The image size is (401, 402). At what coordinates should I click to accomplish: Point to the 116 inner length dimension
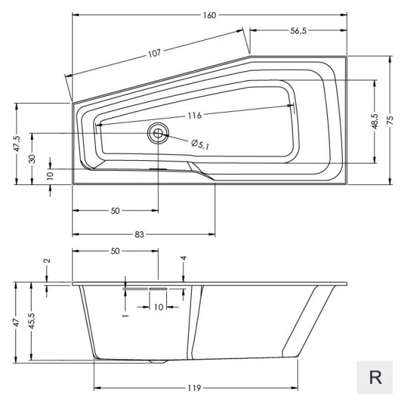pyautogui.click(x=194, y=116)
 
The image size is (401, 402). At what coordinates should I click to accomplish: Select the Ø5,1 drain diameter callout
pyautogui.click(x=202, y=143)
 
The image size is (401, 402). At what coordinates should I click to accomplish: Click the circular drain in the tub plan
pyautogui.click(x=159, y=133)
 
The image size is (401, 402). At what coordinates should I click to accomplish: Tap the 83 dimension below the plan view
pyautogui.click(x=139, y=234)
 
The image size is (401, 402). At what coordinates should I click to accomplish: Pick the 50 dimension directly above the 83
pyautogui.click(x=115, y=211)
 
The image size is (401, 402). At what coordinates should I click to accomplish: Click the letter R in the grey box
pyautogui.click(x=376, y=378)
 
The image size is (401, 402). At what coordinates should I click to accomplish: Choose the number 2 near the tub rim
pyautogui.click(x=46, y=261)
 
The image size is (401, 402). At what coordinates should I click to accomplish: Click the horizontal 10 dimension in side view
pyautogui.click(x=158, y=307)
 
